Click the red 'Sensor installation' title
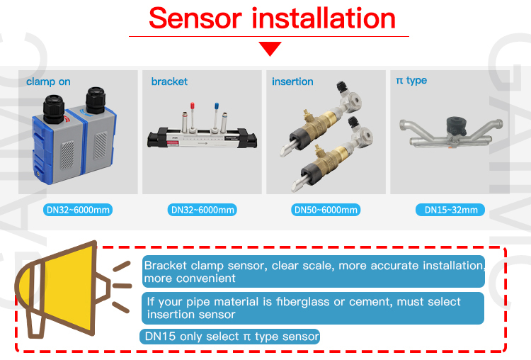pos(272,18)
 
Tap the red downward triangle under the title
pos(270,48)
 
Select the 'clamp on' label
pos(48,81)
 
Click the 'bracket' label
pos(169,81)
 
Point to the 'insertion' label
pos(292,81)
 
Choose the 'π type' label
pos(411,81)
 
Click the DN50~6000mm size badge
pos(326,210)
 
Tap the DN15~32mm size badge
pos(450,210)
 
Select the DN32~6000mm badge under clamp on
pos(78,210)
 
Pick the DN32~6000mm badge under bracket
pos(202,210)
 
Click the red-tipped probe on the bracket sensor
pos(193,116)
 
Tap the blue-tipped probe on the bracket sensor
pos(216,116)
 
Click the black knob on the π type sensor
pos(456,126)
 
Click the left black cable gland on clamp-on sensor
pos(53,109)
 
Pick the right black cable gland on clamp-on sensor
pos(96,100)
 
